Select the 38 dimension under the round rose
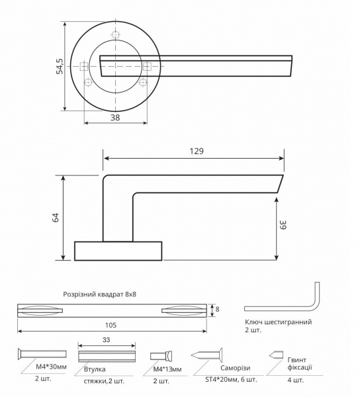(115, 118)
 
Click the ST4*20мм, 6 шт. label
(226, 378)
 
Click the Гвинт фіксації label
(299, 363)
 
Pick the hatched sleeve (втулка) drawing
(108, 355)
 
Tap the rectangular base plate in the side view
(118, 251)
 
